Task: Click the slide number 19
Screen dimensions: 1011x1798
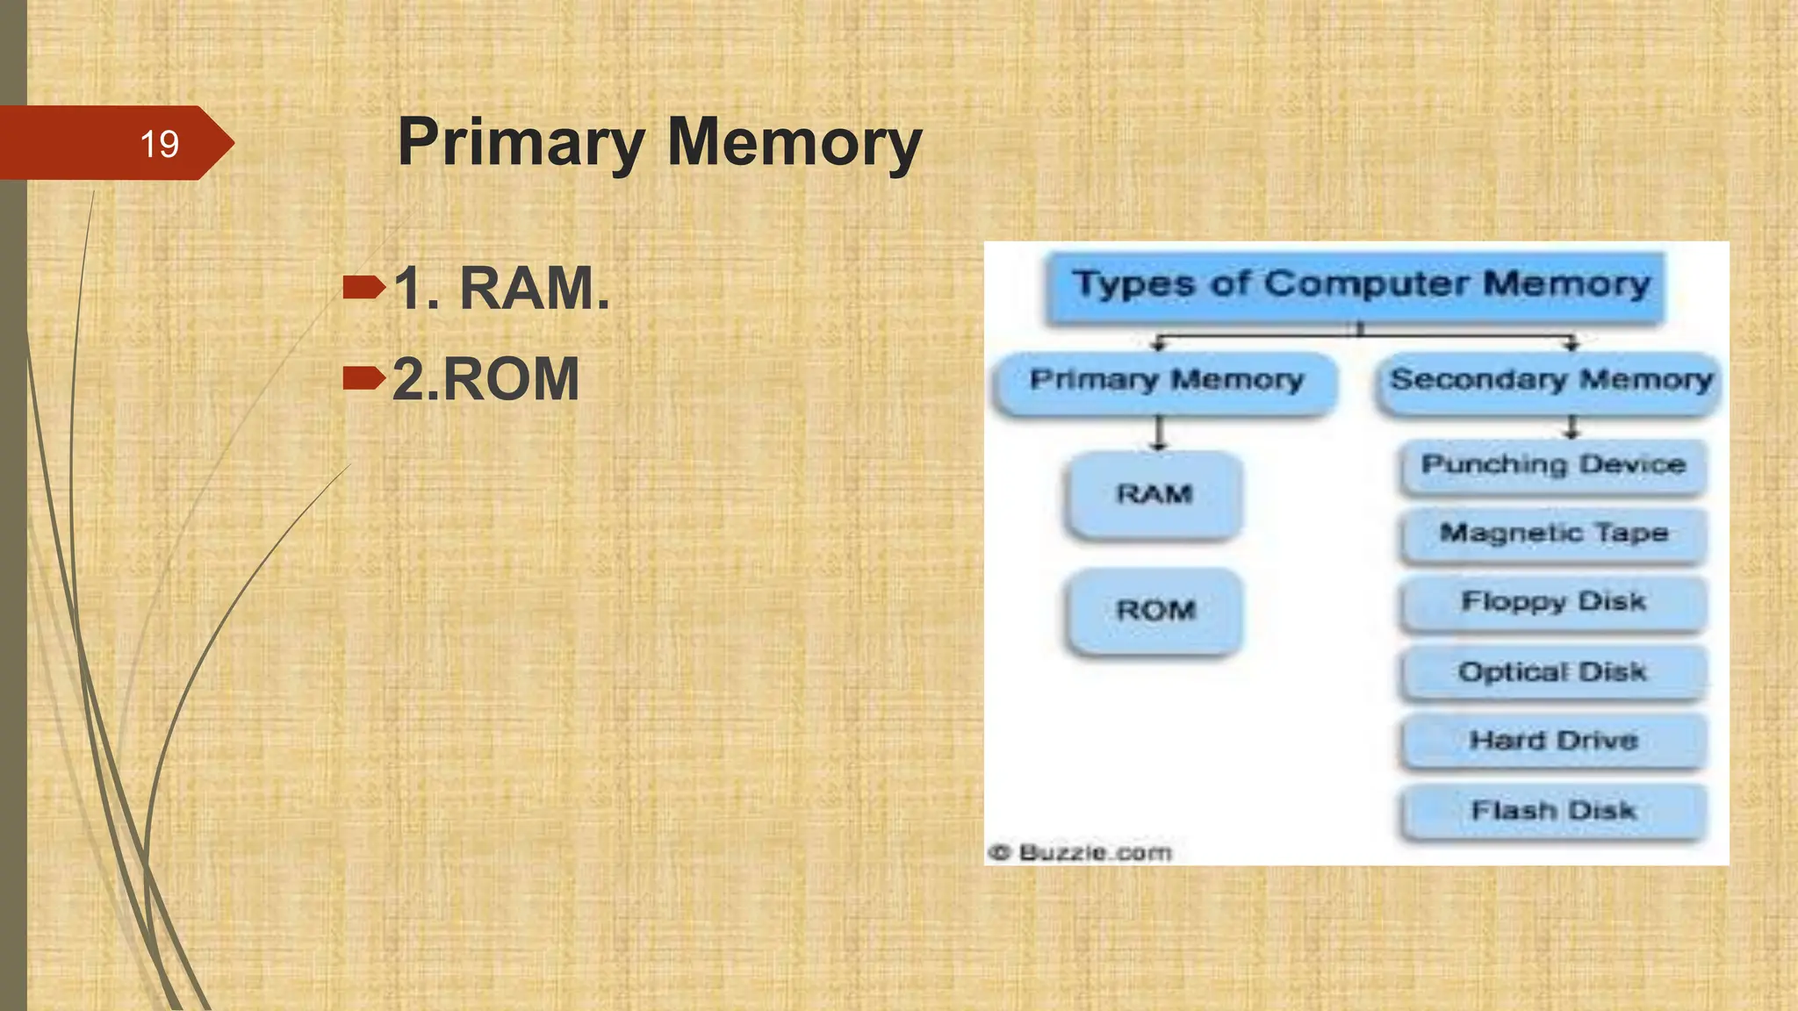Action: (159, 144)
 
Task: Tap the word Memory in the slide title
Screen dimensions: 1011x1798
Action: (795, 142)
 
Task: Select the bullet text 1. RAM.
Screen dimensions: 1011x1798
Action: (501, 288)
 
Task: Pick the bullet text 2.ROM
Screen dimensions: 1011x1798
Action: (485, 379)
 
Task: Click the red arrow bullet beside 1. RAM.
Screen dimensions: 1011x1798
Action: (363, 287)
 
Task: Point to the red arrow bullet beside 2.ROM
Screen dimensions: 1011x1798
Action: (363, 378)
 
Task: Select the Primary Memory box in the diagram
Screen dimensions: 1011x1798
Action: (1166, 381)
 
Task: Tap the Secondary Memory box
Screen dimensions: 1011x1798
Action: (1550, 381)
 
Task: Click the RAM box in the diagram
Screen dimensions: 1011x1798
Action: (1154, 494)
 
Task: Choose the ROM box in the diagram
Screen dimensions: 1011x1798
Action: (1155, 610)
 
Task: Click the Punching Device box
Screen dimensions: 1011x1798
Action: (1553, 465)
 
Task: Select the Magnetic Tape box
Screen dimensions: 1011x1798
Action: (1553, 534)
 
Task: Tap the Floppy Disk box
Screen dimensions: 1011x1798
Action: (1553, 602)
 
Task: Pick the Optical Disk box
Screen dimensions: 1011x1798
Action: (1553, 672)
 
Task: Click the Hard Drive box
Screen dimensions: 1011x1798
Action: (1553, 741)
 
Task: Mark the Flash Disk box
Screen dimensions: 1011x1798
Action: (1553, 811)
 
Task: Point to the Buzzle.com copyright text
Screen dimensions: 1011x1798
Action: (1081, 852)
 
